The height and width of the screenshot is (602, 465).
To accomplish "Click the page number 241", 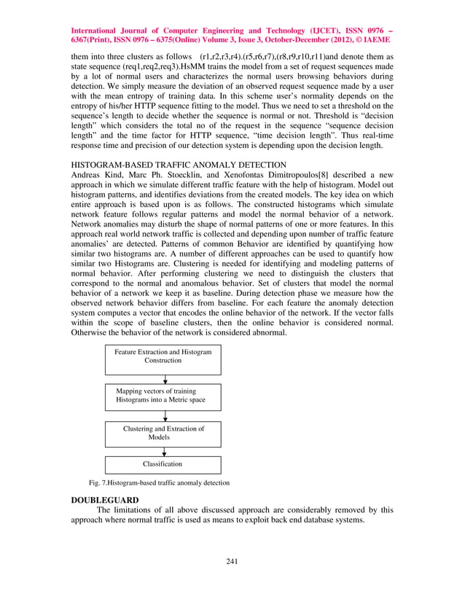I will (x=232, y=560).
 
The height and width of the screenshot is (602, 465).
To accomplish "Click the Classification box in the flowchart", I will (x=163, y=464).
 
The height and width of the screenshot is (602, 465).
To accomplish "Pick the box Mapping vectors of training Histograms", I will (x=163, y=396).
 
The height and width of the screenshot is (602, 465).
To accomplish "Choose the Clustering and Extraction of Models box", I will (x=163, y=433).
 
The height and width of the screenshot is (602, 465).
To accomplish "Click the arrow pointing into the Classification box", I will (x=167, y=452).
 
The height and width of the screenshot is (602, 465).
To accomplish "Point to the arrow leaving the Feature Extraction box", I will (x=167, y=379).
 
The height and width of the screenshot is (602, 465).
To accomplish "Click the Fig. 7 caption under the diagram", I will (x=159, y=482).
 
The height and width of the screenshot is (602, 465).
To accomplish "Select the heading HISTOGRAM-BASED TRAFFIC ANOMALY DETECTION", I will (x=179, y=165).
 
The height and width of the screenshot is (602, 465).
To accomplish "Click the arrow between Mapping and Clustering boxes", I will (x=167, y=415).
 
